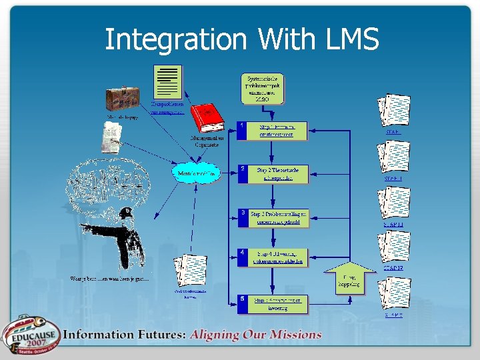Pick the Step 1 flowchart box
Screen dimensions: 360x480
(273, 131)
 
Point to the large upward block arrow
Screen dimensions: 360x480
(348, 278)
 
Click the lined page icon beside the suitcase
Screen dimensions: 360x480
(167, 83)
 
